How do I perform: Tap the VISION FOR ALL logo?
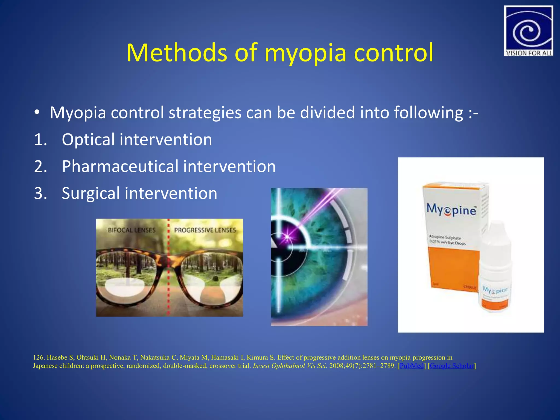528,31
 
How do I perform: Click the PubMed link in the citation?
411,366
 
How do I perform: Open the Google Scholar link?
451,366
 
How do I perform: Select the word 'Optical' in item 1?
88,140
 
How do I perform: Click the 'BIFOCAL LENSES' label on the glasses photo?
132,230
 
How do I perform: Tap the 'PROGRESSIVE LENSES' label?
205,230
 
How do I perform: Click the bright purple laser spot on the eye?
287,236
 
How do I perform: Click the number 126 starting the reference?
38,358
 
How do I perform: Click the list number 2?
40,167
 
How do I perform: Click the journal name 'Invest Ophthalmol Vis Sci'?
290,366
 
